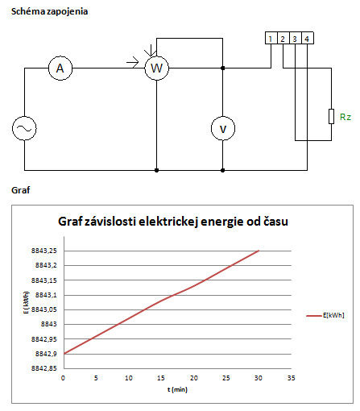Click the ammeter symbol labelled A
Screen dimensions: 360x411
point(60,68)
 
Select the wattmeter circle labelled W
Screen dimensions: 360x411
point(157,68)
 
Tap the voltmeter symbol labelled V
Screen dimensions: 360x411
point(223,128)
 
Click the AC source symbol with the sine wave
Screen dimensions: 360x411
point(24,128)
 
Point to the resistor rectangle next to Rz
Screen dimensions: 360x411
point(332,116)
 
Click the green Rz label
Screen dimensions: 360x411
point(346,117)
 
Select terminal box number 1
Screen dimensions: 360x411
point(271,38)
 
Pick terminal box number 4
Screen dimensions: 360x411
point(308,38)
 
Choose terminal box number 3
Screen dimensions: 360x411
point(296,38)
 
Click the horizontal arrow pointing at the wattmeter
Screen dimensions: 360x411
point(133,63)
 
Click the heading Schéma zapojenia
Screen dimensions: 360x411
point(49,11)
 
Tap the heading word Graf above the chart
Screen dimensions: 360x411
point(20,190)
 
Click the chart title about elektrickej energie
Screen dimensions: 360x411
point(173,222)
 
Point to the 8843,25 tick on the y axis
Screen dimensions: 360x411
point(44,251)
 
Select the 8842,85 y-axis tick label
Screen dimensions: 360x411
point(44,368)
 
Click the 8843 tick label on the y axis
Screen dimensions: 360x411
point(49,324)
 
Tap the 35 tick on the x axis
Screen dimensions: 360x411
point(292,378)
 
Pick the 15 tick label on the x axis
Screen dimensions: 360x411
point(161,378)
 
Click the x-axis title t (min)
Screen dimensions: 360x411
point(177,389)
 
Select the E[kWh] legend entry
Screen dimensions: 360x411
point(325,315)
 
